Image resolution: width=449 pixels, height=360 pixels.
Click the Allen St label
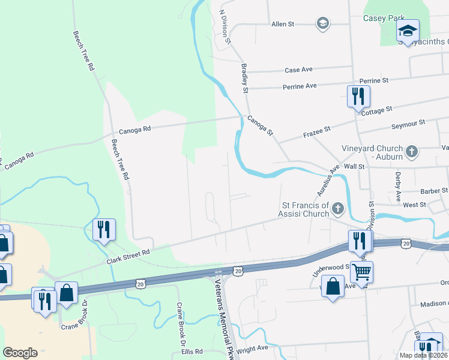tap(283, 24)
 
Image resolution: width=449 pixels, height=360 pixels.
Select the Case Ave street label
tap(299, 70)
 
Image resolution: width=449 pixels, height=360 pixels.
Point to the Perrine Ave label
tap(300, 86)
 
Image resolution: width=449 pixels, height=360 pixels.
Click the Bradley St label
tap(244, 79)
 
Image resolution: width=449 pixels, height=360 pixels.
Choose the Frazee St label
tap(318, 130)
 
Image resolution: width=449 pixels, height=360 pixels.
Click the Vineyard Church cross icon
tap(412, 152)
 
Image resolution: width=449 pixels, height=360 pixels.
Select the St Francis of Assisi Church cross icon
tap(338, 209)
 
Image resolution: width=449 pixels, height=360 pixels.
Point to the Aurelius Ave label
tap(328, 181)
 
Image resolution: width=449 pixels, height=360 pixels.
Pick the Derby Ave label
tap(398, 187)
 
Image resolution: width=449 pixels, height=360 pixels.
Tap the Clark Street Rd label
tap(128, 258)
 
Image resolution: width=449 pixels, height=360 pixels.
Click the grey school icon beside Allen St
tap(322, 24)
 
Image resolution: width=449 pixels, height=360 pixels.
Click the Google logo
tap(20, 353)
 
